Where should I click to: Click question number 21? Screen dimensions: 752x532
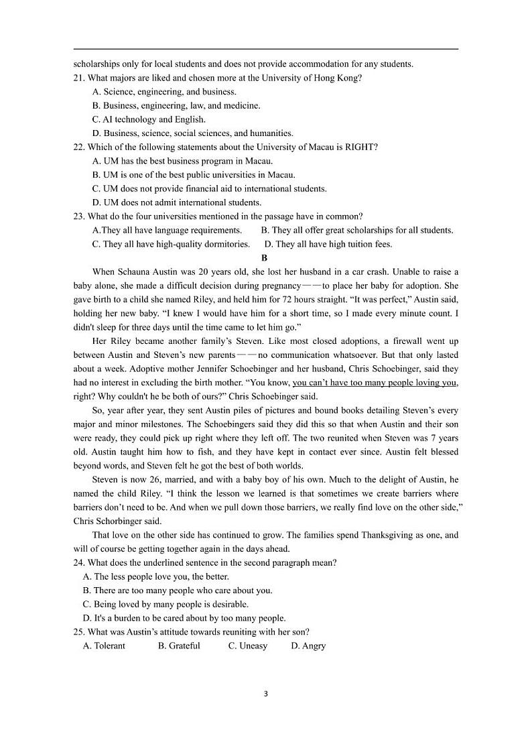click(x=79, y=78)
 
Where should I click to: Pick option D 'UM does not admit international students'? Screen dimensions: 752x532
click(x=176, y=202)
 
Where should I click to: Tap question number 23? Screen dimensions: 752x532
click(x=79, y=216)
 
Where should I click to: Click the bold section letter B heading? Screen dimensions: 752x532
click(x=265, y=258)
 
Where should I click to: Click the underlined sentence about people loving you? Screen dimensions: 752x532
click(x=375, y=383)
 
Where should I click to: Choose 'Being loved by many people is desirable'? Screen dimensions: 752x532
click(x=165, y=605)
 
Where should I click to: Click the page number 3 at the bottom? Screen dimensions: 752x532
click(x=266, y=694)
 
